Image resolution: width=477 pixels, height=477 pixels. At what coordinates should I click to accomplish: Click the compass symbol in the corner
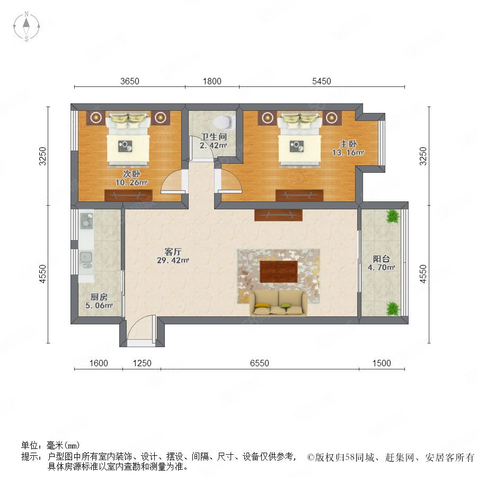tap(26, 26)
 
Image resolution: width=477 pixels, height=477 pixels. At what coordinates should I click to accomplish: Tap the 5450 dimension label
tap(322, 81)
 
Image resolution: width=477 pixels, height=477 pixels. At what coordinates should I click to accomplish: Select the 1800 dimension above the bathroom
tap(212, 81)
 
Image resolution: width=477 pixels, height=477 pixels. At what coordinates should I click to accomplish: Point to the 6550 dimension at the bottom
tap(260, 363)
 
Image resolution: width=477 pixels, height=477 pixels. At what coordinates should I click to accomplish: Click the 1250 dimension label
tap(142, 363)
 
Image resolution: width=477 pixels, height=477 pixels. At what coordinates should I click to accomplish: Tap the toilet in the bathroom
tap(224, 122)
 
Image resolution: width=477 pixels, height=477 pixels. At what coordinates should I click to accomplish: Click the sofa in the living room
tap(278, 303)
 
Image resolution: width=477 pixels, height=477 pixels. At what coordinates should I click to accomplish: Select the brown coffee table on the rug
tap(278, 272)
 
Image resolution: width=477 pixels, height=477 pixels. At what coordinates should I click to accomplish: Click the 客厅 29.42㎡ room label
tap(173, 256)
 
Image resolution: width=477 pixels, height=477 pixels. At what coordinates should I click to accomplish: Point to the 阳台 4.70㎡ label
tap(382, 263)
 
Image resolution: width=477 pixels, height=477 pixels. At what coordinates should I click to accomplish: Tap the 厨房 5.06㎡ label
tap(99, 301)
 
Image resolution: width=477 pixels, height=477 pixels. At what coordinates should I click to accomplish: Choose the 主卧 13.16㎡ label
tap(348, 148)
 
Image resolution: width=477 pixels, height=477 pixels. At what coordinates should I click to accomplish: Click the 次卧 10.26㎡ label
tap(131, 178)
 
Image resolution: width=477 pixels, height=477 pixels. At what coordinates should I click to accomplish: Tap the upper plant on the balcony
tap(393, 216)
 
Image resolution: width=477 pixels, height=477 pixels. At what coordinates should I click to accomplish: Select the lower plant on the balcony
tap(393, 309)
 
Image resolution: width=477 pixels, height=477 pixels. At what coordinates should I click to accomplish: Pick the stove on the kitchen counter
tap(86, 220)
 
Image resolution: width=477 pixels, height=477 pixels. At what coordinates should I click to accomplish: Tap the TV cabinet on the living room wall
tap(278, 215)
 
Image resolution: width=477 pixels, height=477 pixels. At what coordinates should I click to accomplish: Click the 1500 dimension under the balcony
tap(382, 363)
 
